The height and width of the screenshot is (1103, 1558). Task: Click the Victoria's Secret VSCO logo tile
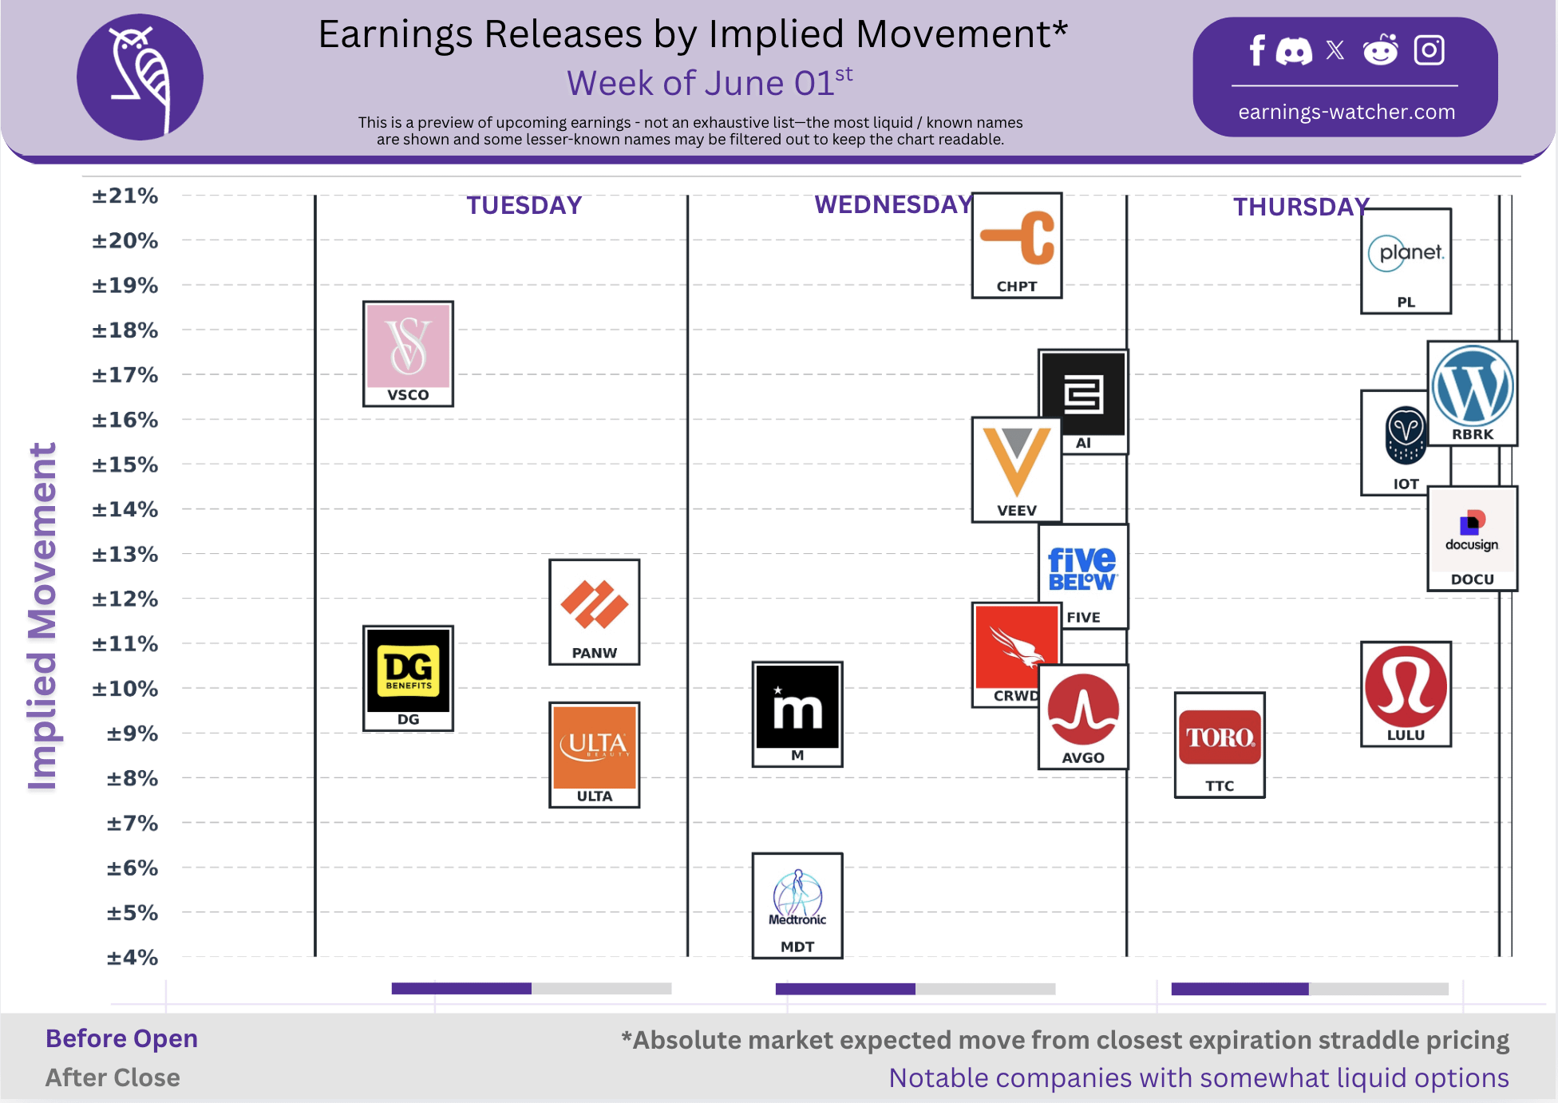(x=408, y=354)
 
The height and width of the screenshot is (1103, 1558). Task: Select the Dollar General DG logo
(x=408, y=678)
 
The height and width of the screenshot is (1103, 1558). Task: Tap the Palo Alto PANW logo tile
(x=595, y=612)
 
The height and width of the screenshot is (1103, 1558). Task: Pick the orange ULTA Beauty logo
(x=595, y=755)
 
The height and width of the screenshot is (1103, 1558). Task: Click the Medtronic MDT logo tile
(x=797, y=905)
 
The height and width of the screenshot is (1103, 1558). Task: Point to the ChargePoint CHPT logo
(x=1017, y=245)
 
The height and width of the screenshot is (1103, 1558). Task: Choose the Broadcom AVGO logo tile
(x=1083, y=717)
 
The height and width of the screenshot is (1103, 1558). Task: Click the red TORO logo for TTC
(x=1220, y=745)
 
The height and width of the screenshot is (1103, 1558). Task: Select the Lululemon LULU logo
(x=1406, y=694)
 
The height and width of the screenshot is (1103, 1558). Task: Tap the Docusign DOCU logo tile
(x=1472, y=539)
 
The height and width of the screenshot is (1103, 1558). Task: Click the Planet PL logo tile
(x=1406, y=261)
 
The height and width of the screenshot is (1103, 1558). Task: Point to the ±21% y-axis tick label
(x=125, y=196)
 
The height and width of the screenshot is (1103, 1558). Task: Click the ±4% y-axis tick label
(x=132, y=957)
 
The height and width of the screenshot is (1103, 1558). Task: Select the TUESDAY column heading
(x=524, y=205)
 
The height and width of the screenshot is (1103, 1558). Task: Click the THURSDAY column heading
(x=1301, y=207)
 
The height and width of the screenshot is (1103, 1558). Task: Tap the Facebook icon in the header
(x=1257, y=50)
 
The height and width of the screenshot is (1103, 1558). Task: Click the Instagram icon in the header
(x=1429, y=50)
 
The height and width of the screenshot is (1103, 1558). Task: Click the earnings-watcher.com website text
(x=1346, y=112)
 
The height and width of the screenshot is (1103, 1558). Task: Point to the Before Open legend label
(x=121, y=1038)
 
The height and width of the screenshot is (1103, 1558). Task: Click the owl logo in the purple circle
(x=140, y=77)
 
